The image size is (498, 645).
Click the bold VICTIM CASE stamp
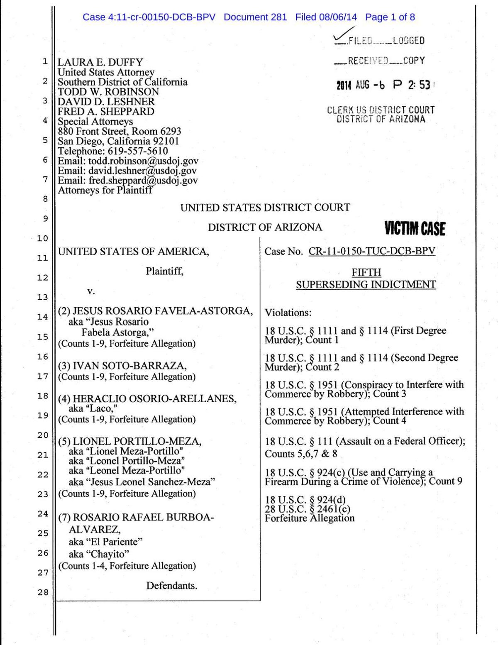point(415,229)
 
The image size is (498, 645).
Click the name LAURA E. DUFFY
point(100,62)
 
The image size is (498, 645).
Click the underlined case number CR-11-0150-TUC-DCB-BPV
point(372,251)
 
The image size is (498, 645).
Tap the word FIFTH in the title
point(366,272)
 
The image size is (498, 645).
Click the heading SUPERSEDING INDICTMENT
point(366,284)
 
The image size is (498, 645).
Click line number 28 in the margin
point(43,592)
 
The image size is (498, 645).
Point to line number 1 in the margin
point(45,62)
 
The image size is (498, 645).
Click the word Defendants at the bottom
point(171,585)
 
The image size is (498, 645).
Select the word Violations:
point(288,312)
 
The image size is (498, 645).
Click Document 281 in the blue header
point(255,17)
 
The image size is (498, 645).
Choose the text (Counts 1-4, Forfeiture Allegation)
point(127,566)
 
